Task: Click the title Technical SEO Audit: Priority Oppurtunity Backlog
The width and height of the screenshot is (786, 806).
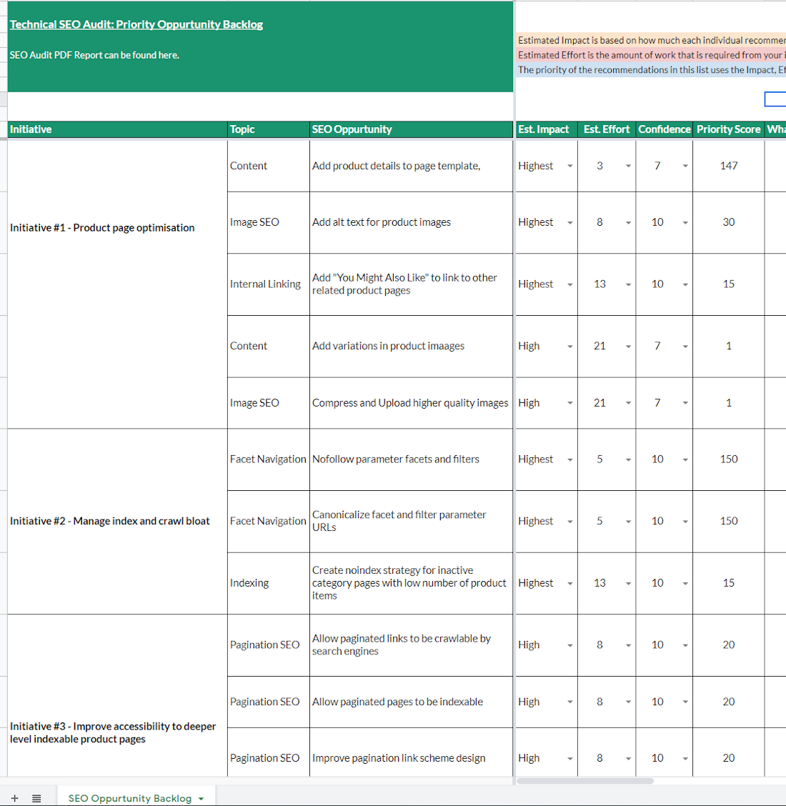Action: click(136, 24)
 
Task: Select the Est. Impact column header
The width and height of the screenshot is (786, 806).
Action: click(543, 129)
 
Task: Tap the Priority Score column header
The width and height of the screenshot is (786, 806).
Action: click(728, 129)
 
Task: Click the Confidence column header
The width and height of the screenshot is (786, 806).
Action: click(664, 129)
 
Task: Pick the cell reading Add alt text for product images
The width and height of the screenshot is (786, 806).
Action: click(382, 222)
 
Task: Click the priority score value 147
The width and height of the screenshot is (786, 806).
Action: click(728, 166)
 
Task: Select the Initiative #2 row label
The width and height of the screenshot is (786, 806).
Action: click(110, 521)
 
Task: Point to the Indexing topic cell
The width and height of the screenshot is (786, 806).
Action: click(249, 583)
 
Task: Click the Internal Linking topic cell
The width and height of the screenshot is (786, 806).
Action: click(265, 284)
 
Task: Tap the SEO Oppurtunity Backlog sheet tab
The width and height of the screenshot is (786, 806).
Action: click(130, 798)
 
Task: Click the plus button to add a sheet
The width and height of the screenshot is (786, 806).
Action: click(14, 798)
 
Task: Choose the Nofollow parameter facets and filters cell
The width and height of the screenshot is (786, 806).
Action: click(396, 459)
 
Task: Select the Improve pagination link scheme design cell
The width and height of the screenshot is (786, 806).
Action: click(399, 758)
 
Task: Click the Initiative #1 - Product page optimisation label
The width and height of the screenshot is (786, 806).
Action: click(102, 228)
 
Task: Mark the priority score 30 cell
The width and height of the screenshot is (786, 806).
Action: click(728, 222)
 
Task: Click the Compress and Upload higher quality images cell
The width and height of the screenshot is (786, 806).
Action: click(410, 403)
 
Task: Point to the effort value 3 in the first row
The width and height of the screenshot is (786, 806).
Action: click(600, 166)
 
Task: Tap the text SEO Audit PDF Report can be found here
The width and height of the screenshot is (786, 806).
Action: click(94, 55)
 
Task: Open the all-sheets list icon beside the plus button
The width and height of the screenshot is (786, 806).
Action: click(36, 798)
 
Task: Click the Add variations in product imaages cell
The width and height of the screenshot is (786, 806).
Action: click(388, 346)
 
